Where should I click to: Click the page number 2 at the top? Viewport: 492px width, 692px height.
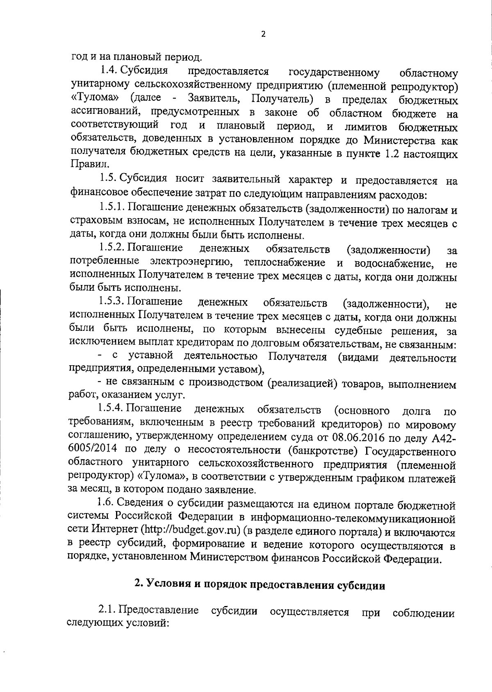(x=263, y=34)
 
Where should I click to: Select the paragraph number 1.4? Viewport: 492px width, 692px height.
(x=112, y=70)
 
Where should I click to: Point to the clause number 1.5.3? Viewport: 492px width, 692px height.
(x=112, y=302)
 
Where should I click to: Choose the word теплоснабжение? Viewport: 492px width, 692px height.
(x=285, y=262)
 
